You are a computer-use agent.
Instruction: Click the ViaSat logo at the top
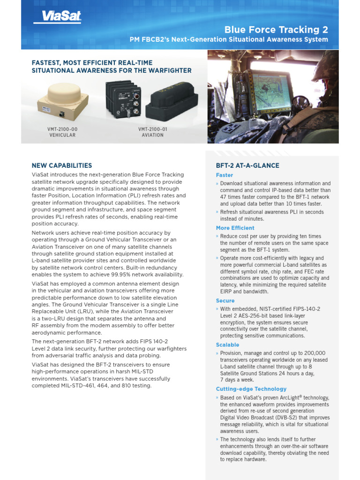click(x=58, y=17)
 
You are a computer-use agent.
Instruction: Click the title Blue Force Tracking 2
click(x=276, y=30)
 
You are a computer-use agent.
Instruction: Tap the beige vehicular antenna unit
click(x=62, y=100)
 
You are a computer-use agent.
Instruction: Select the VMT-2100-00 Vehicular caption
click(x=62, y=132)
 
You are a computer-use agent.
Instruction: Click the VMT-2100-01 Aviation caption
click(x=153, y=132)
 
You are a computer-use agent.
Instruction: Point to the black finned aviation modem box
click(x=122, y=98)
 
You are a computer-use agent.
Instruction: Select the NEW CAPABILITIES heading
click(x=62, y=165)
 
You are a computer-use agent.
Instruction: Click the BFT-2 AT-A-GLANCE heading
click(x=247, y=165)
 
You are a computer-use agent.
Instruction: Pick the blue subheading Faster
click(x=225, y=175)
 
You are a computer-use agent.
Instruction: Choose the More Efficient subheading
click(x=235, y=228)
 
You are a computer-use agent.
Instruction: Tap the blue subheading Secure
click(x=225, y=300)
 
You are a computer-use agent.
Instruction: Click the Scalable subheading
click(x=227, y=345)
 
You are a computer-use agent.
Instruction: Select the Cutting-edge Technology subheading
click(x=251, y=389)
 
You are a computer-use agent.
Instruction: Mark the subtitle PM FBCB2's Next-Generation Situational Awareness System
click(x=229, y=39)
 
